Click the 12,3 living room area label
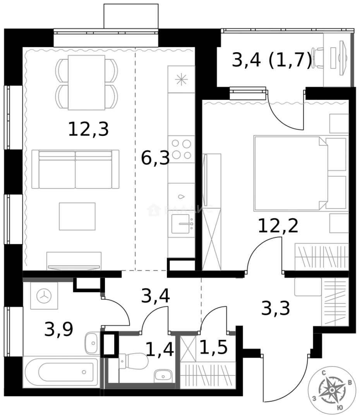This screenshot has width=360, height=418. pos(88,129)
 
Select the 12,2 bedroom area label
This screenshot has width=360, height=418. pos(278,225)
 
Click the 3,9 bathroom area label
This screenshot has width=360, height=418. pos(58,330)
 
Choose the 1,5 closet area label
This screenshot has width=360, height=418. pos(213,348)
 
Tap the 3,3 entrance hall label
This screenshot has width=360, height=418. pos(276,308)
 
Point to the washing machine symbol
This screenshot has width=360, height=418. pos(44,296)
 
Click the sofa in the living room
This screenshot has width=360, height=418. pos(75,169)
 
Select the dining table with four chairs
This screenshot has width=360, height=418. pos(86,82)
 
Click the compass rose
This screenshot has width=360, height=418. pos(332,391)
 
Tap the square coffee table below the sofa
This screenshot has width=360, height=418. pos(77,216)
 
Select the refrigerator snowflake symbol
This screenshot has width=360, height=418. pos(181,79)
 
